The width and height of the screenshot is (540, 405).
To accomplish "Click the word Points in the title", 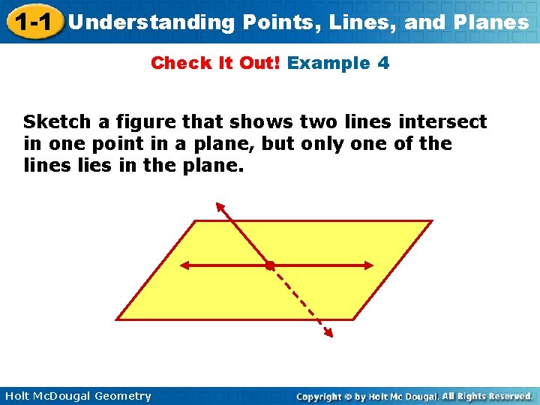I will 272,22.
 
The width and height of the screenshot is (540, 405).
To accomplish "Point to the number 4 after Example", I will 383,63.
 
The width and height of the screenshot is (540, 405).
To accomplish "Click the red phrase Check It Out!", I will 215,63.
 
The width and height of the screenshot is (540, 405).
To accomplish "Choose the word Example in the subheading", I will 328,63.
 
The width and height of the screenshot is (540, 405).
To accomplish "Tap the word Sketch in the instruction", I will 57,121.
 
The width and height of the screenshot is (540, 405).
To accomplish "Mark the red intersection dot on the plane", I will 270,265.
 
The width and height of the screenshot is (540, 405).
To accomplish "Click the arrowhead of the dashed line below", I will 328,334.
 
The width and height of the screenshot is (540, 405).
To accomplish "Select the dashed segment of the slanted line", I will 300,300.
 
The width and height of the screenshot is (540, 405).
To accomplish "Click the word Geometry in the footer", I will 121,396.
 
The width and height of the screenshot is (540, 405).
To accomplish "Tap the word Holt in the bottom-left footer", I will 16,396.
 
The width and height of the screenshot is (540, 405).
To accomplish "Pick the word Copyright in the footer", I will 320,396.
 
